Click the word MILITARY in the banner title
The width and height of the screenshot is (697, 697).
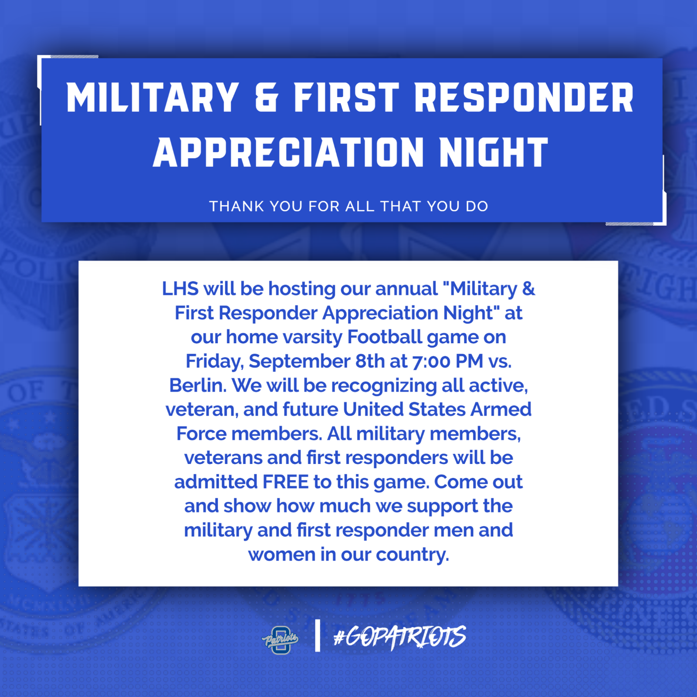152,98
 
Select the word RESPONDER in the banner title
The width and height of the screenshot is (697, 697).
524,98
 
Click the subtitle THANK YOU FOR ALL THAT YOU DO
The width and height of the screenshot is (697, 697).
348,206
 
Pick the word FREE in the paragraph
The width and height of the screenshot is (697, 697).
285,482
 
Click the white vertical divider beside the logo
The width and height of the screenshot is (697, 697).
317,636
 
